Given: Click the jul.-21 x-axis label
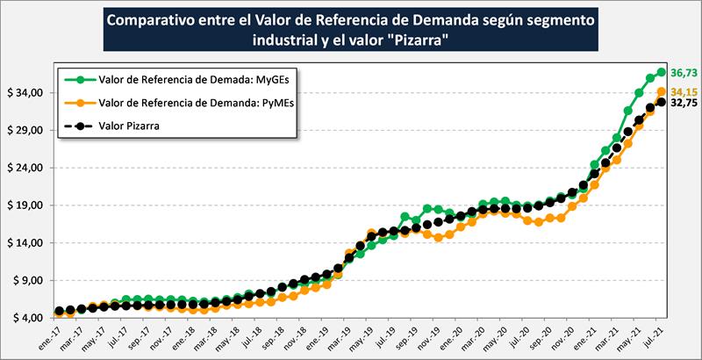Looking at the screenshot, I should (650, 337).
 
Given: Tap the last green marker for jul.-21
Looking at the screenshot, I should (662, 72).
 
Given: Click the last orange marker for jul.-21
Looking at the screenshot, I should (662, 91).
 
